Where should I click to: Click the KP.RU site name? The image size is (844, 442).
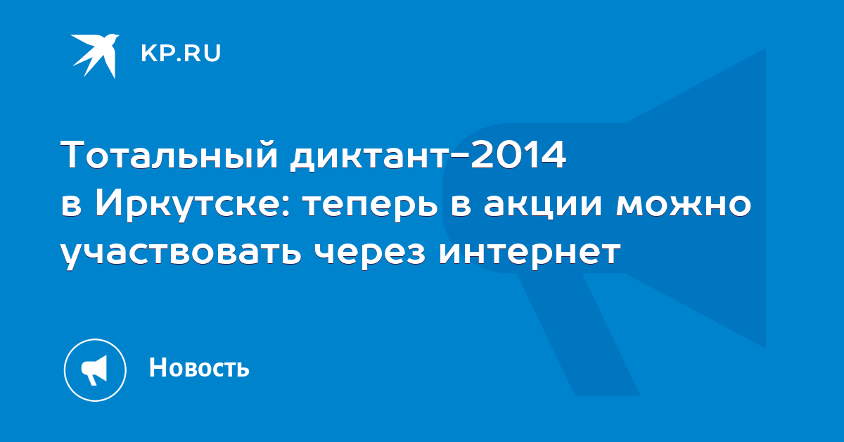tap(181, 53)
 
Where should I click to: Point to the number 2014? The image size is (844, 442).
tap(518, 154)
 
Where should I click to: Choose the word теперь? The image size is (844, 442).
tap(371, 207)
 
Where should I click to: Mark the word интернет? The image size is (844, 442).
tap(530, 251)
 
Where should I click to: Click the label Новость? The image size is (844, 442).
tap(199, 367)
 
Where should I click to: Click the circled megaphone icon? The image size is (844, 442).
tap(95, 370)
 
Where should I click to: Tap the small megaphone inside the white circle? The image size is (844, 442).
tap(94, 370)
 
